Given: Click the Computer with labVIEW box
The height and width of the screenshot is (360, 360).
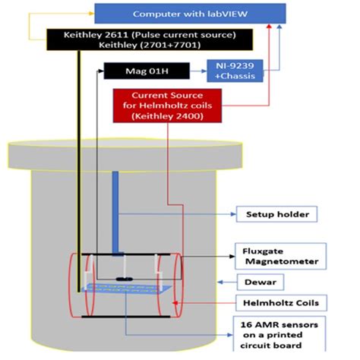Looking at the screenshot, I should pos(190,13).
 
